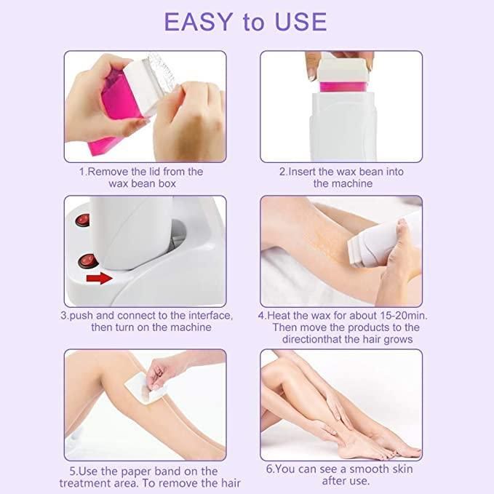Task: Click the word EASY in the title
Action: (x=201, y=21)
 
